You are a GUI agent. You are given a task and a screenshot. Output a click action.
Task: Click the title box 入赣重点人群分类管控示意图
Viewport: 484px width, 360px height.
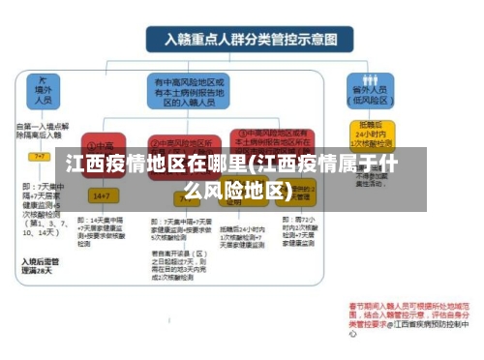pyautogui.click(x=242, y=40)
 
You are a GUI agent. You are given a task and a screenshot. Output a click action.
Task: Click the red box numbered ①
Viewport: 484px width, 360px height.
pyautogui.click(x=101, y=145)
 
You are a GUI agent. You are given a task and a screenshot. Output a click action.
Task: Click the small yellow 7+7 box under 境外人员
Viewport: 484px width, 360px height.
pyautogui.click(x=41, y=155)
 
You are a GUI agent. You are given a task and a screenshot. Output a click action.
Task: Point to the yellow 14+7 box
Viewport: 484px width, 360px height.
pyautogui.click(x=101, y=195)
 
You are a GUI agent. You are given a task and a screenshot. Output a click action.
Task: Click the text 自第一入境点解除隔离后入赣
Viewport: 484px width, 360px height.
pyautogui.click(x=43, y=131)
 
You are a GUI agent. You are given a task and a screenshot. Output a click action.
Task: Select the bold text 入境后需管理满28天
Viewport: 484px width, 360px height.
pyautogui.click(x=41, y=264)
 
